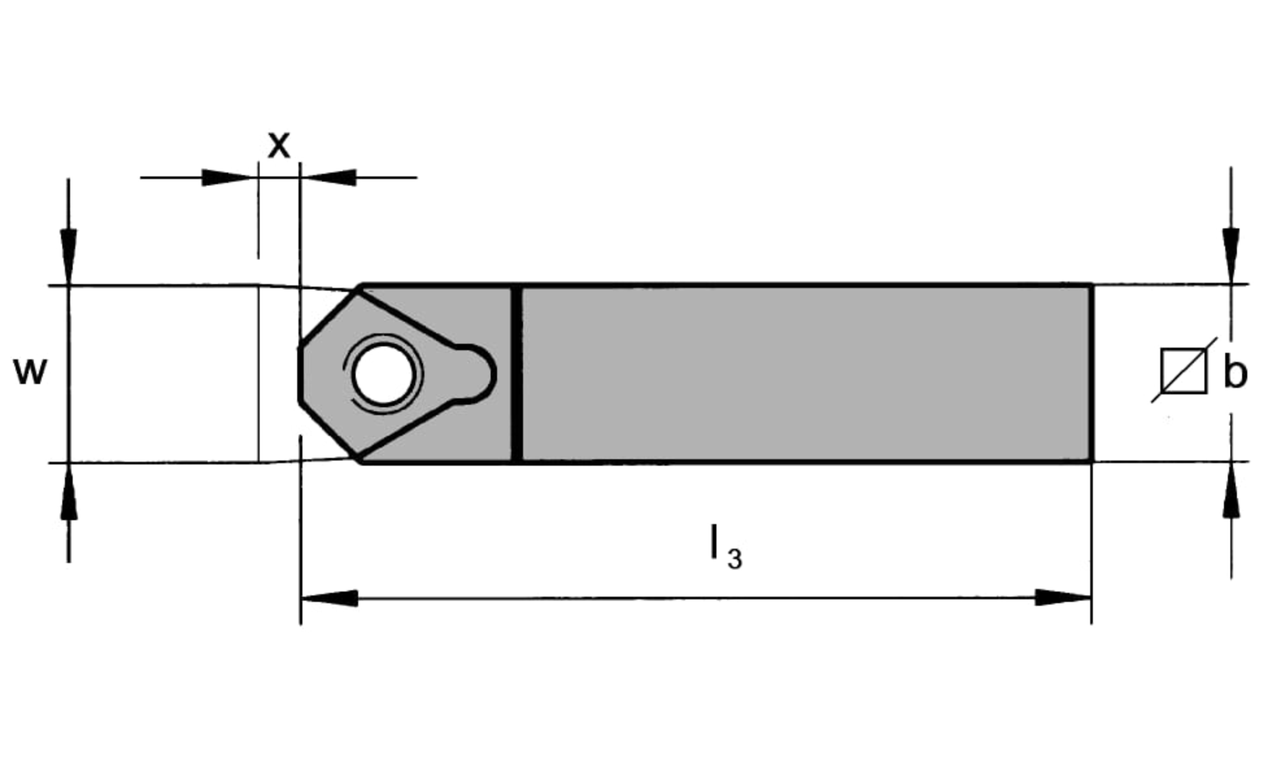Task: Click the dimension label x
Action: (x=279, y=145)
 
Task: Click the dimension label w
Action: (x=31, y=372)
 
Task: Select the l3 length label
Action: (x=726, y=547)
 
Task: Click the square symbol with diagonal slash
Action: (x=1184, y=370)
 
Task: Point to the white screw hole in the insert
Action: (x=383, y=374)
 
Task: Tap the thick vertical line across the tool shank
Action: (x=517, y=374)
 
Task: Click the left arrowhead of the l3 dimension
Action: (x=330, y=598)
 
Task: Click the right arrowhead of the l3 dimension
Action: (x=1063, y=597)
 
